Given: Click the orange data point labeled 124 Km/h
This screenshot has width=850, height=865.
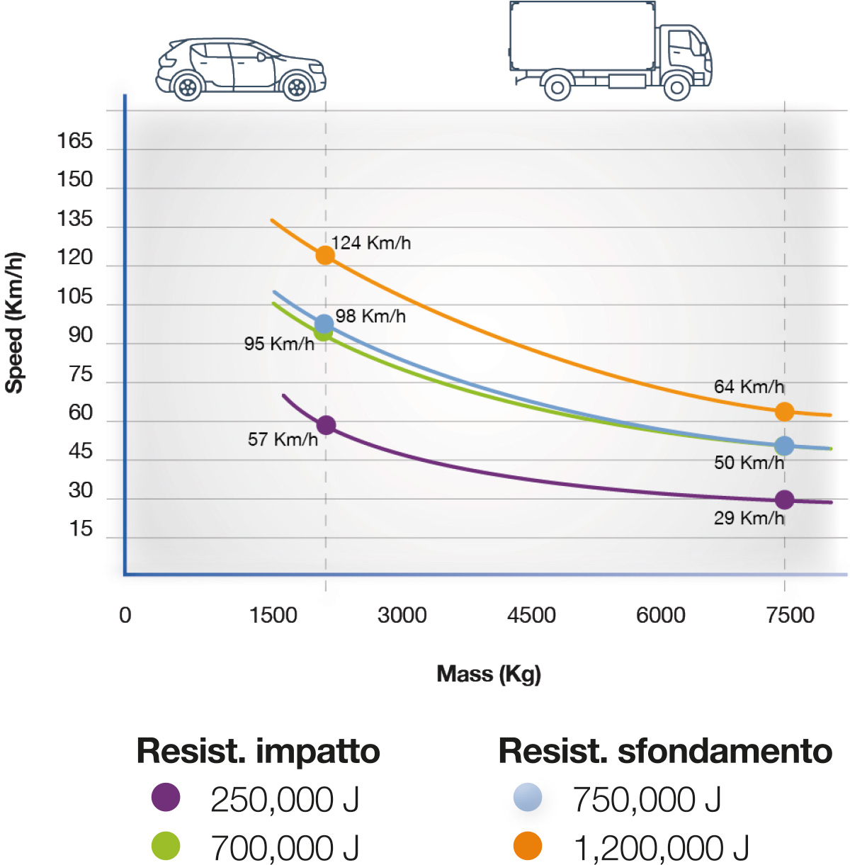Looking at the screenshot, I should [325, 255].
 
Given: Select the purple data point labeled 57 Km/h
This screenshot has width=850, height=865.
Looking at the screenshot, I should [326, 425].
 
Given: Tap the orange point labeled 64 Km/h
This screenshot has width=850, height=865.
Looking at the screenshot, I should [784, 412].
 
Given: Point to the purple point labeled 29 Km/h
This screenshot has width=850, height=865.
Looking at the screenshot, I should [784, 499].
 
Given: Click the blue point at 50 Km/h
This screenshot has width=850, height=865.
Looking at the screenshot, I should [784, 446].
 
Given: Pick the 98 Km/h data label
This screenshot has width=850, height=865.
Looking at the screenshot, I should [370, 316].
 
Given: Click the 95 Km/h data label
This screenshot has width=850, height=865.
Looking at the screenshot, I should [279, 344].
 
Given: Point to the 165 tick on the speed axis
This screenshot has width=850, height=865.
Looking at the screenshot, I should [75, 141].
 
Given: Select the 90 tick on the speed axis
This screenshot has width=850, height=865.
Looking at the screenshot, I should [81, 335].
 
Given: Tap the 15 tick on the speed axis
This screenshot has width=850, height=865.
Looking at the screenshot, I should [81, 528].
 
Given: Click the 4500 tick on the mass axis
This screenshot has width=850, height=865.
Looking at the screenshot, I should [531, 615].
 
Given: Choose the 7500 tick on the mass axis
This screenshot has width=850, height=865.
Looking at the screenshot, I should [790, 615].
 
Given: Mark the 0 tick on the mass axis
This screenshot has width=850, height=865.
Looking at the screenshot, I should [125, 615].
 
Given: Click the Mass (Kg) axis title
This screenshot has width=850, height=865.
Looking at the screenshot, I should [489, 674].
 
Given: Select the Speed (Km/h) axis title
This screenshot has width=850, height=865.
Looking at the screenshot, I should [15, 322].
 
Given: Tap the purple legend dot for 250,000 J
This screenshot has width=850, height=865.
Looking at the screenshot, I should [166, 798].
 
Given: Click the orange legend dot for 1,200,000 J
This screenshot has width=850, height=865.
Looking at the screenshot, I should [528, 846].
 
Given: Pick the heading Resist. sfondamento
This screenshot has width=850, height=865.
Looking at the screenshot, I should [665, 751].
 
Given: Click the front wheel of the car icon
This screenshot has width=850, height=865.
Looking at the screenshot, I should [297, 87].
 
